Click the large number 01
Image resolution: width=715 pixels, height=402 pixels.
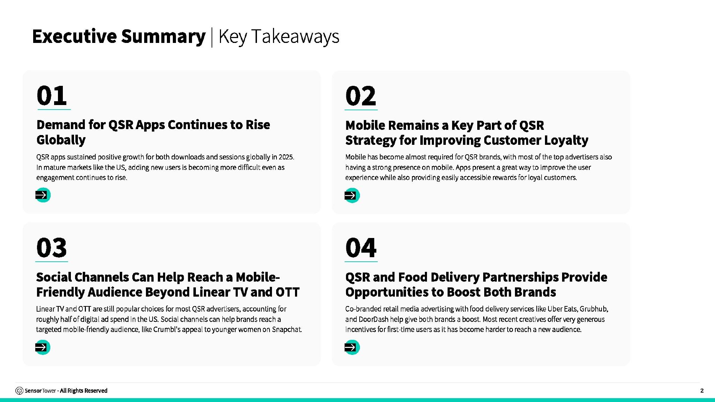(52, 96)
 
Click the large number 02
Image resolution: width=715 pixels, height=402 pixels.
(361, 96)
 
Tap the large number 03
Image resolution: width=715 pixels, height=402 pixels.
(51, 248)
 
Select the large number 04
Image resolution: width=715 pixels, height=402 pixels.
(361, 248)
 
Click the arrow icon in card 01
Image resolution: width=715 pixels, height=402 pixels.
(43, 195)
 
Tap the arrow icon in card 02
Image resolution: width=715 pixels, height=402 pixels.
(352, 195)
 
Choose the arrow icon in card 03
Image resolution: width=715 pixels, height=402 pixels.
(43, 347)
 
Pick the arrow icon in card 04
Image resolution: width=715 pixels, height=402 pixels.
(352, 347)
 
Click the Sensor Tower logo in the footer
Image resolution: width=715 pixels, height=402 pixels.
(20, 390)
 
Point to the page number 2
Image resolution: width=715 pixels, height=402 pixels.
(702, 390)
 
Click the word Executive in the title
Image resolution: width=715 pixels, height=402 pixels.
(74, 36)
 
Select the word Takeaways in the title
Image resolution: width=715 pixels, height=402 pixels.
(295, 37)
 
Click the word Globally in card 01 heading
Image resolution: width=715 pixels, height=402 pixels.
(61, 140)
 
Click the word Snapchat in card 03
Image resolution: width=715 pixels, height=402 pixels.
(287, 329)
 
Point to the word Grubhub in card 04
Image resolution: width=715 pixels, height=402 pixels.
(594, 309)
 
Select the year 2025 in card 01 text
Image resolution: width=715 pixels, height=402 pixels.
(286, 157)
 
